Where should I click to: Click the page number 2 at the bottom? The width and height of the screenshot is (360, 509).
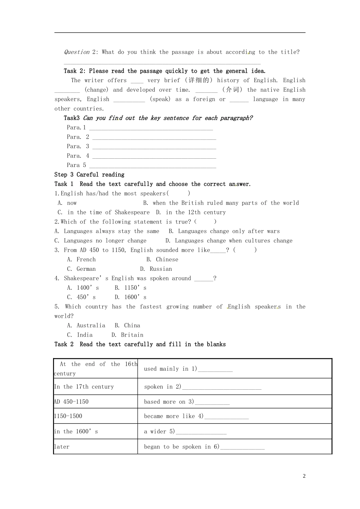tap(304, 476)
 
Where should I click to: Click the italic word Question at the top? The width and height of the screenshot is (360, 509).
tap(77, 52)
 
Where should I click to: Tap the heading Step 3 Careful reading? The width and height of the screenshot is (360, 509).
tap(89, 175)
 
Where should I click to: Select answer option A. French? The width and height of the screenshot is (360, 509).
tap(81, 259)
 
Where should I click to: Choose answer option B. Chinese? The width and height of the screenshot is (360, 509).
tap(162, 259)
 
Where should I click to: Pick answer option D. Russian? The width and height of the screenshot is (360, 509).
tap(156, 269)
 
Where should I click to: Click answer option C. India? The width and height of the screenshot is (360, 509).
tap(80, 335)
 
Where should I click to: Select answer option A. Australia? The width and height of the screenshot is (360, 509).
tap(86, 325)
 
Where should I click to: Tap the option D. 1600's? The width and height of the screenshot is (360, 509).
tap(130, 297)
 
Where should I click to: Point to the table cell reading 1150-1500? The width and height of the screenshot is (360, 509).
tap(68, 416)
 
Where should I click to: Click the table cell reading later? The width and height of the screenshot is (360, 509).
tap(62, 447)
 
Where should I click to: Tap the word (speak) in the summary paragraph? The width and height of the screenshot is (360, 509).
tap(160, 99)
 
